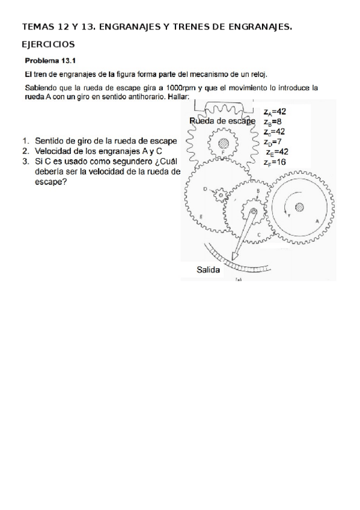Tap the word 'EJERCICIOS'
point(48,45)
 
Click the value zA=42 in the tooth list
point(274,111)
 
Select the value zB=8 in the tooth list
point(272,121)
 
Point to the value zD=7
point(272,142)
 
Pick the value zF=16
point(274,162)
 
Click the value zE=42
point(276,152)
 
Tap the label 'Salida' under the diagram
point(208,270)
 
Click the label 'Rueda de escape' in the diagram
point(222,121)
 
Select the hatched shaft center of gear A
point(299,207)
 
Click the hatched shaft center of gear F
point(224,143)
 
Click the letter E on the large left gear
point(200,216)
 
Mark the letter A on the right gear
point(317,221)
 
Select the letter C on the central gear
point(258,235)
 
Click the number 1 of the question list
point(26,141)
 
